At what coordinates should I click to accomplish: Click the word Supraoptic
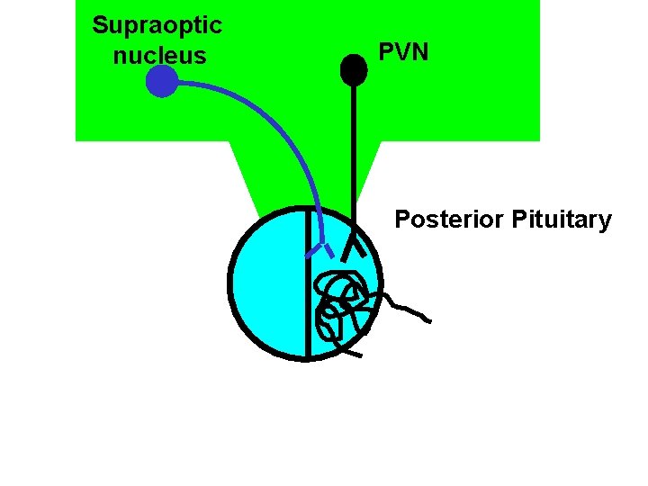[x=157, y=24]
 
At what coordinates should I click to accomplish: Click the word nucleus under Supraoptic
[x=159, y=56]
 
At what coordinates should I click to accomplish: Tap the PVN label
[x=403, y=52]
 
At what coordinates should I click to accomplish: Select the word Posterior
[x=448, y=220]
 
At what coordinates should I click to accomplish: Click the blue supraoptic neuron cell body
[x=161, y=82]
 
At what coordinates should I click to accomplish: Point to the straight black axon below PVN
[x=353, y=153]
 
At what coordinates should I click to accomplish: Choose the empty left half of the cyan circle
[x=268, y=283]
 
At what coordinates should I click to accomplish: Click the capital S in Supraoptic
[x=100, y=24]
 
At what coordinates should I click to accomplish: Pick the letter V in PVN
[x=403, y=52]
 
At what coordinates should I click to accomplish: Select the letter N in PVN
[x=420, y=52]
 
